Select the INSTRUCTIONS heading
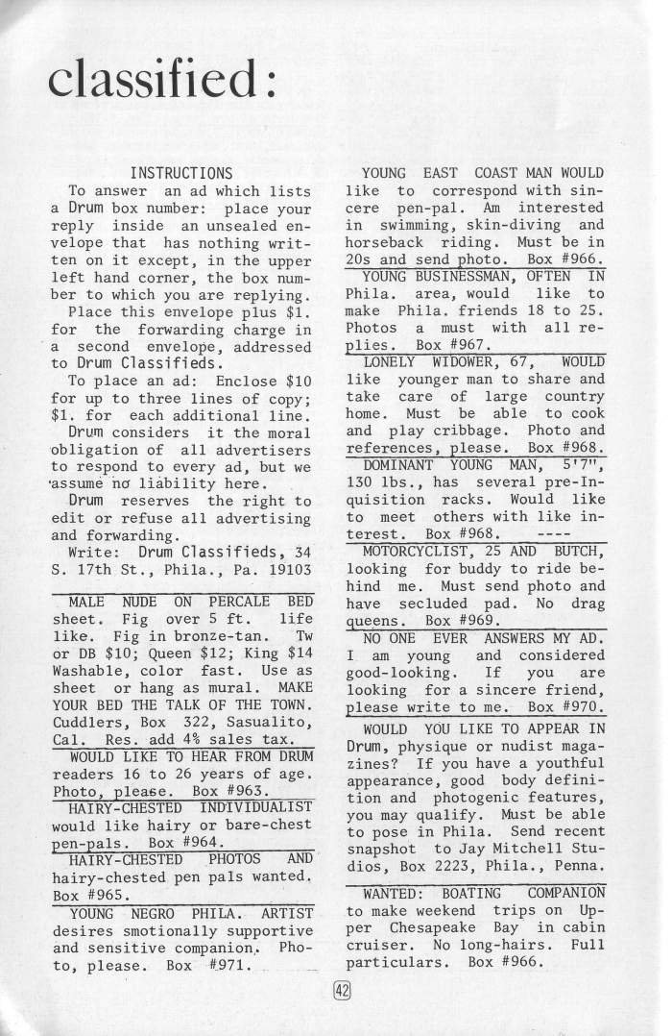[181, 173]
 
